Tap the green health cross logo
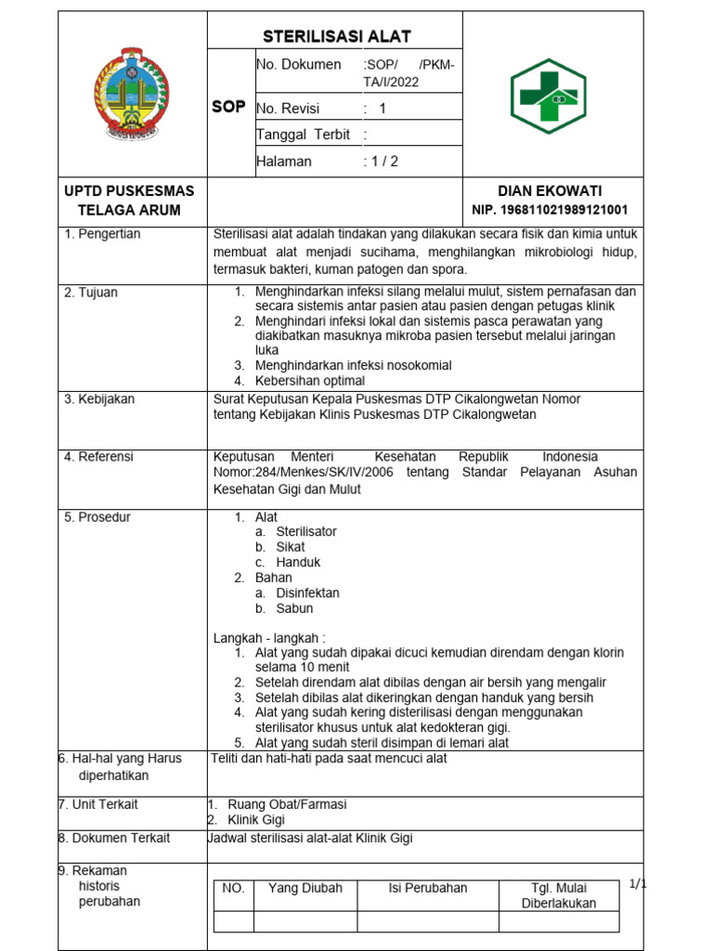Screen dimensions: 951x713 pyautogui.click(x=547, y=96)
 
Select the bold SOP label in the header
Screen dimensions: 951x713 pyautogui.click(x=228, y=107)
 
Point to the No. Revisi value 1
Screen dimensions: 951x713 pyautogui.click(x=382, y=109)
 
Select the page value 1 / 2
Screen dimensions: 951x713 pyautogui.click(x=381, y=162)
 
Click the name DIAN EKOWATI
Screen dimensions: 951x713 pyautogui.click(x=550, y=190)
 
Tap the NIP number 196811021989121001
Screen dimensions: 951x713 pyautogui.click(x=551, y=210)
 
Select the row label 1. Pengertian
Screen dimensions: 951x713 pyautogui.click(x=103, y=234)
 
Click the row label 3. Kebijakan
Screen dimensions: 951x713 pyautogui.click(x=99, y=399)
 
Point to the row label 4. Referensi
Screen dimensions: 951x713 pyautogui.click(x=99, y=457)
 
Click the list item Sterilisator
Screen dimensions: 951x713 pyautogui.click(x=306, y=532)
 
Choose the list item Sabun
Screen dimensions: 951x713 pyautogui.click(x=294, y=608)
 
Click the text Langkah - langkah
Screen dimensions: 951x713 pyautogui.click(x=270, y=638)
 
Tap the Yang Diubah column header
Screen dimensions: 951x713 pyautogui.click(x=305, y=888)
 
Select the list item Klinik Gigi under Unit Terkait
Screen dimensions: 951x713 pyautogui.click(x=256, y=820)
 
